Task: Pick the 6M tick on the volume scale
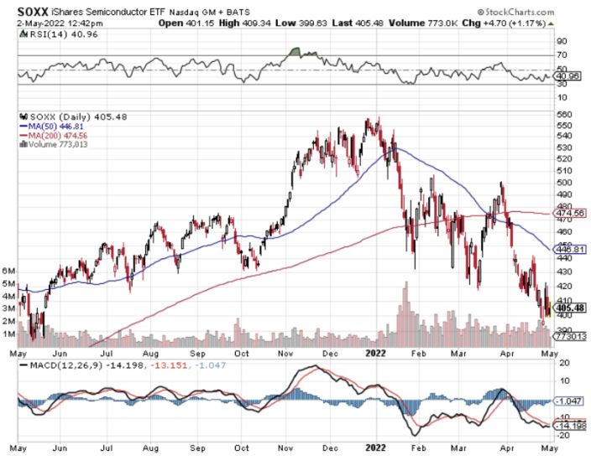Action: pos(10,272)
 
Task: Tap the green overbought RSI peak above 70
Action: pos(294,52)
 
